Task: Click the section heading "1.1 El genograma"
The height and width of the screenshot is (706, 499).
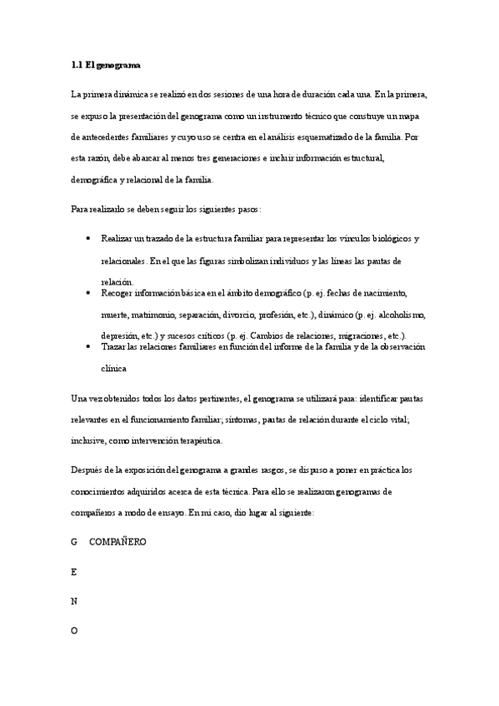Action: pyautogui.click(x=106, y=64)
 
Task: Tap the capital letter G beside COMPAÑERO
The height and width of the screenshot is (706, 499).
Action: pyautogui.click(x=74, y=542)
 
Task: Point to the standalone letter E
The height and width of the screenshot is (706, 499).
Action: pyautogui.click(x=74, y=572)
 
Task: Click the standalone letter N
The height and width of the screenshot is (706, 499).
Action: pyautogui.click(x=74, y=601)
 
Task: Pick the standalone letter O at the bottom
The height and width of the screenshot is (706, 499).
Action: pyautogui.click(x=74, y=631)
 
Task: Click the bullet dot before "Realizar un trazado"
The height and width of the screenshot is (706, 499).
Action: pyautogui.click(x=89, y=239)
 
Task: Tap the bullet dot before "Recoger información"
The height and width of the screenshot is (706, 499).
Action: pyautogui.click(x=89, y=293)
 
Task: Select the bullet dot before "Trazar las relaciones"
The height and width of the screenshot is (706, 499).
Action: pyautogui.click(x=89, y=346)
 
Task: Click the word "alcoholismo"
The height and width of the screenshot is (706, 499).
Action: pyautogui.click(x=402, y=315)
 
